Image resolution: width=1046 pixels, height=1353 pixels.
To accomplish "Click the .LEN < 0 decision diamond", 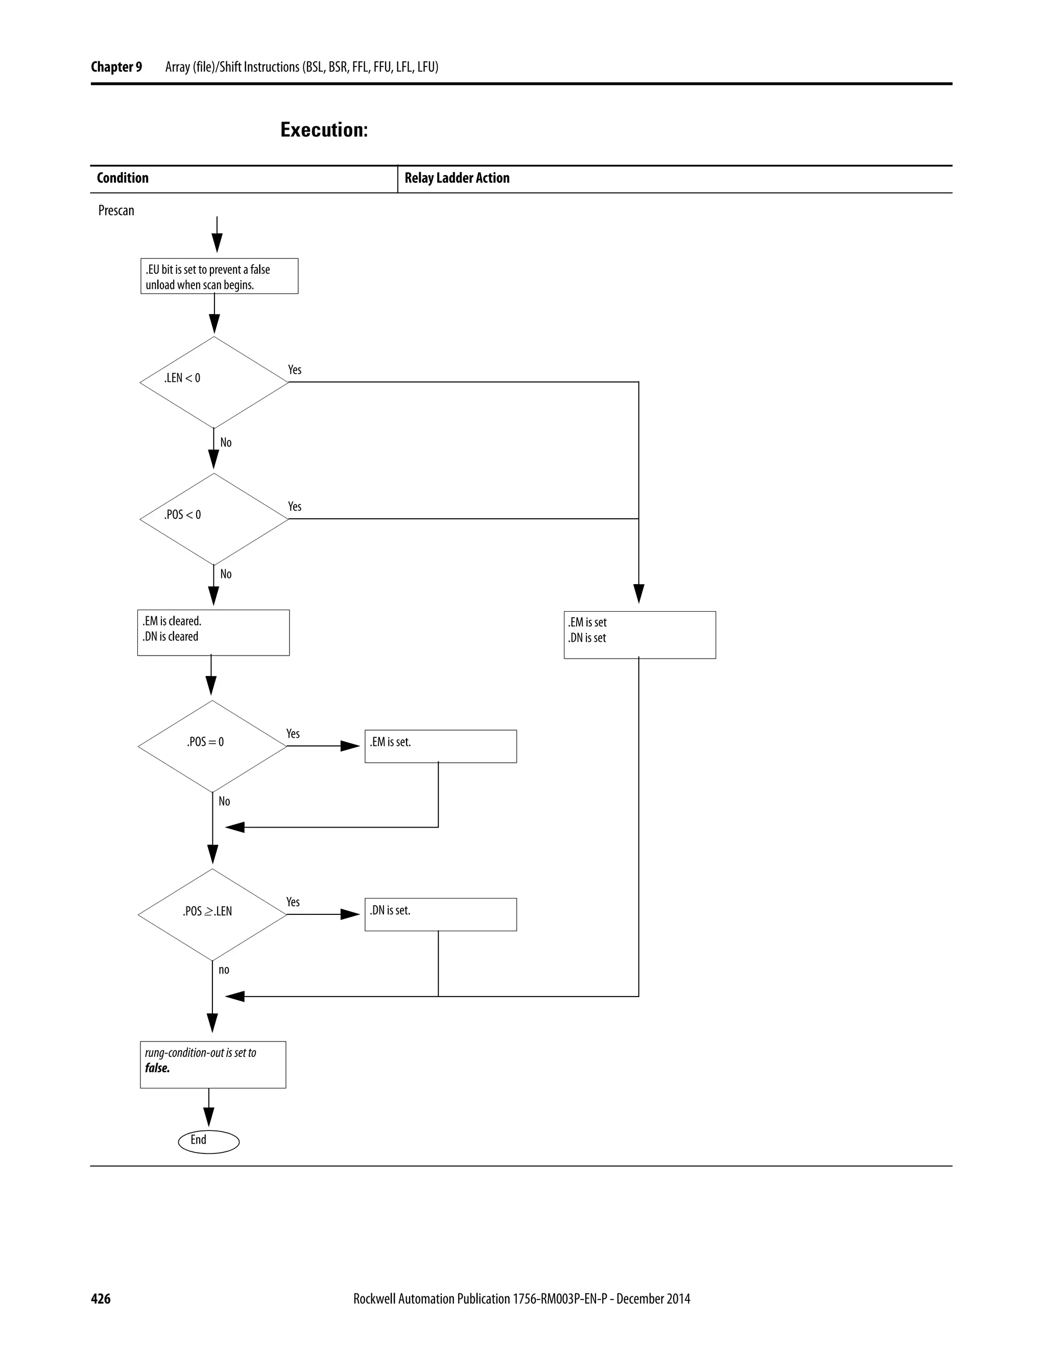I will tap(214, 382).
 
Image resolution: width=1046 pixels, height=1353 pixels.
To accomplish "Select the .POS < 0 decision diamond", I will tap(214, 519).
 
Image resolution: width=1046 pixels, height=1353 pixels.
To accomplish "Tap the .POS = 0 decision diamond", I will tap(212, 746).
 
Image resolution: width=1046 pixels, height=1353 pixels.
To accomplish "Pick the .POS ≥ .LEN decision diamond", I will tap(212, 914).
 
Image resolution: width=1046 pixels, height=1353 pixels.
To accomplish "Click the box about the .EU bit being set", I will tap(219, 276).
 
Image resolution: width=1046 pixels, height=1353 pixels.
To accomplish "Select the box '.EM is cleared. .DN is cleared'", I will tap(213, 633).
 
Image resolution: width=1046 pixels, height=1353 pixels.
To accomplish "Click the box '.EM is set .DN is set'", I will tap(639, 635).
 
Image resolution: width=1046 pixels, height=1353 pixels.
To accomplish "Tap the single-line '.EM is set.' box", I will tap(441, 746).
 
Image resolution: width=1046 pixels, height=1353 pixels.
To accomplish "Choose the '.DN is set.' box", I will tap(441, 914).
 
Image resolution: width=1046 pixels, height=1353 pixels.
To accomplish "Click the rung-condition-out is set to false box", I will tap(213, 1065).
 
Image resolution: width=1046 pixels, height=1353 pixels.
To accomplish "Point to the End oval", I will tap(209, 1141).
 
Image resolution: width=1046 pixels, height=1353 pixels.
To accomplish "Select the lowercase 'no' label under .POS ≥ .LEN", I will tap(224, 970).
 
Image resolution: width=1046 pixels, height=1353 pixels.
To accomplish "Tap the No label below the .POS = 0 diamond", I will tap(224, 801).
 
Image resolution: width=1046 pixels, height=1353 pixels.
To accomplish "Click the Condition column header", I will tap(123, 178).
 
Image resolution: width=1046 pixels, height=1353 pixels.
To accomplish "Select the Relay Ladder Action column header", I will tap(457, 178).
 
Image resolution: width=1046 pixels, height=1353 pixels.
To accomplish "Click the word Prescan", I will tap(116, 211).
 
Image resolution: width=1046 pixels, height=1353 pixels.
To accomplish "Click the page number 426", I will tap(101, 1298).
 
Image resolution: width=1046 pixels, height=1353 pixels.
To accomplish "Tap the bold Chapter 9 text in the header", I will tap(116, 67).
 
